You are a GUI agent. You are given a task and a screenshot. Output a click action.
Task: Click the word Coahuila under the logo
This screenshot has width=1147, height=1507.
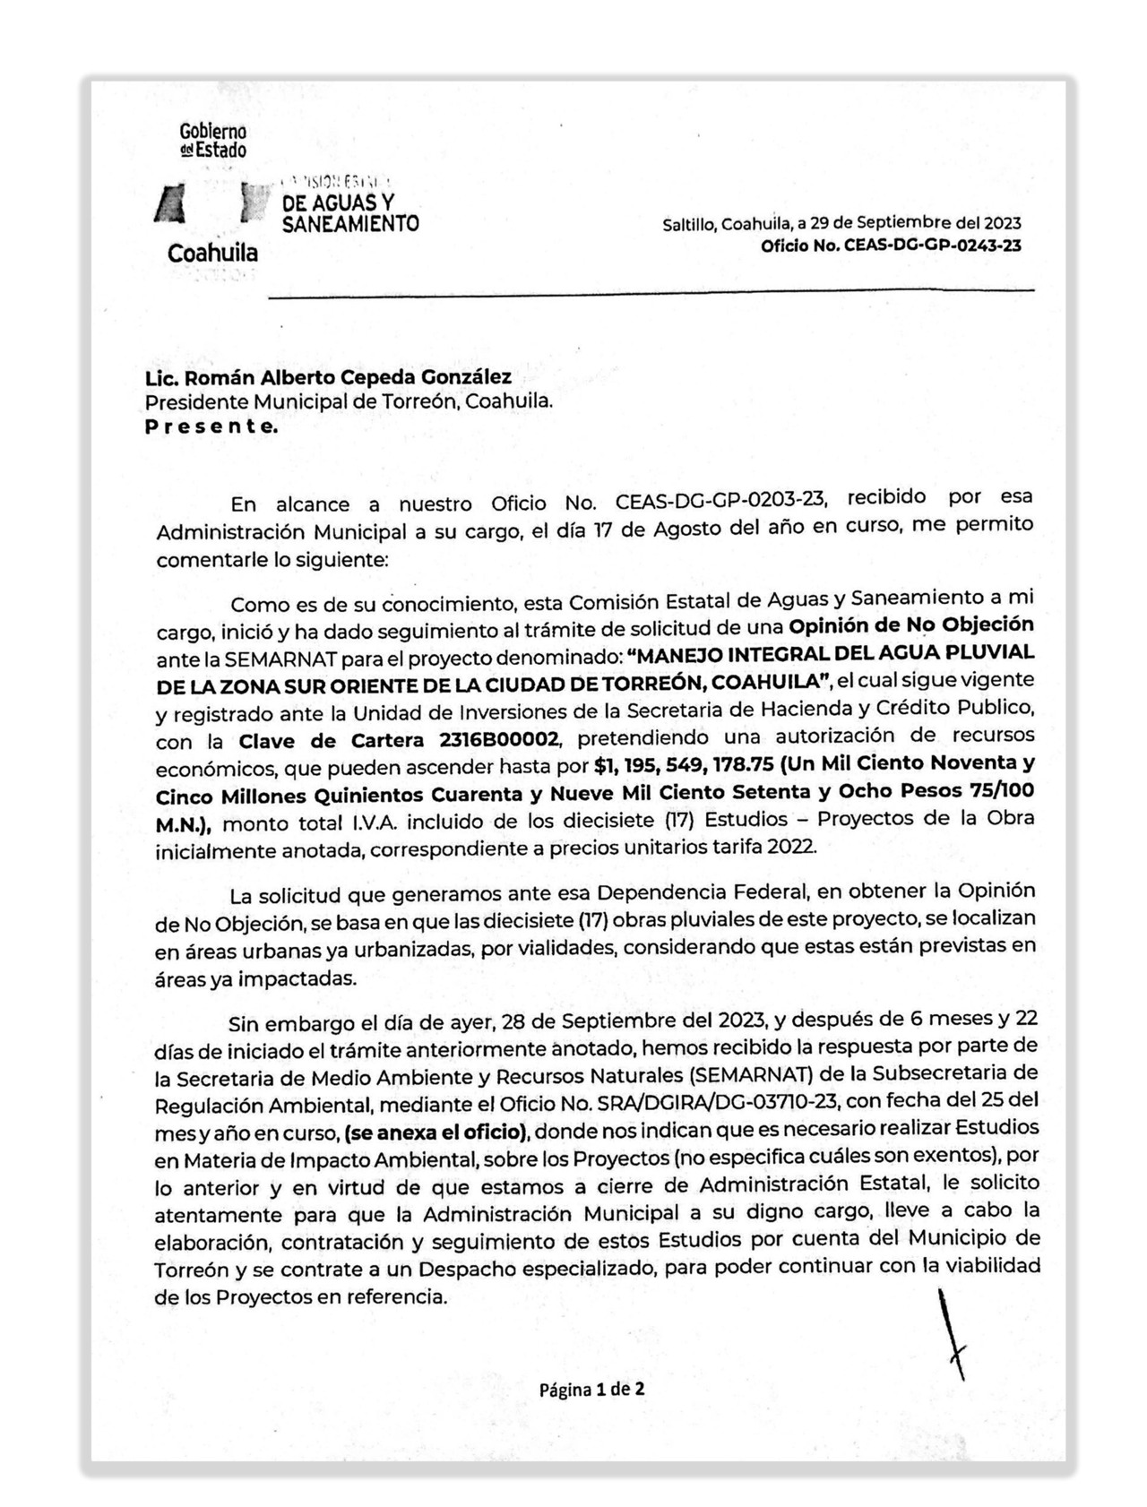[x=212, y=254]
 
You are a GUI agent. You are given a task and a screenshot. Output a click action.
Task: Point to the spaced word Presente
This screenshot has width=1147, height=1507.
[x=211, y=426]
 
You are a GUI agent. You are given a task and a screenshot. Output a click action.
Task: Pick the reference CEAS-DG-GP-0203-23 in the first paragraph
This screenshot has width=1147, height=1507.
[x=724, y=500]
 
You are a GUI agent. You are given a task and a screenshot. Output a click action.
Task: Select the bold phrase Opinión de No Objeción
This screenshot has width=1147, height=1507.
[x=911, y=624]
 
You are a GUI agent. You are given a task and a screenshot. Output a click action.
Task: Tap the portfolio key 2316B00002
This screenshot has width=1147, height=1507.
[x=500, y=740]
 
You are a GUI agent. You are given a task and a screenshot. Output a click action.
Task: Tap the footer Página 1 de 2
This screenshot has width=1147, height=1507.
[x=591, y=1390]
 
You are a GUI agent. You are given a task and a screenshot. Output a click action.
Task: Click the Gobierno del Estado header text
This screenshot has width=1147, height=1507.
[x=213, y=141]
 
